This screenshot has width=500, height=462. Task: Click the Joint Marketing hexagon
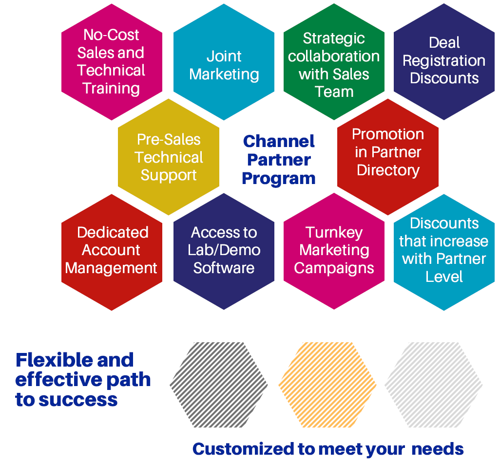click(x=224, y=62)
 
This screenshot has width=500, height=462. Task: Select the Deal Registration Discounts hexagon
click(x=444, y=62)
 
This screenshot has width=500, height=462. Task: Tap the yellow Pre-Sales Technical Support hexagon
click(x=169, y=157)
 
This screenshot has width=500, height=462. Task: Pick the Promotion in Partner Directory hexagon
click(x=388, y=157)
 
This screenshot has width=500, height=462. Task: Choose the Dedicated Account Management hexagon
click(x=112, y=252)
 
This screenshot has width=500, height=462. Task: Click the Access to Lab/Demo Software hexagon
click(x=224, y=251)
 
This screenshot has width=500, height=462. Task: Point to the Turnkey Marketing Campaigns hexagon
click(x=334, y=251)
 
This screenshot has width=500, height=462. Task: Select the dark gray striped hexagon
click(x=219, y=385)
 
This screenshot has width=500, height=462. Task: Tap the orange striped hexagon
click(x=327, y=385)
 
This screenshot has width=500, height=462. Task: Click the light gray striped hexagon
click(x=434, y=385)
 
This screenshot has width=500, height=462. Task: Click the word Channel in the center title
click(x=279, y=141)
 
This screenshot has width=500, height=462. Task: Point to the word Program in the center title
click(x=279, y=179)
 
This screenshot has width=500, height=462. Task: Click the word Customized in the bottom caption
click(x=244, y=449)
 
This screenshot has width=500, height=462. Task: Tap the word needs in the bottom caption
click(x=438, y=449)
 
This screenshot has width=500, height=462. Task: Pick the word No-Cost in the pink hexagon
click(x=111, y=35)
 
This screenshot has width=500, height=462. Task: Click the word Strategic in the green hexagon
click(x=334, y=39)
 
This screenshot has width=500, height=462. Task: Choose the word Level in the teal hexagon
click(x=444, y=277)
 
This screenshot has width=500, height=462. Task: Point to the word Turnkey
click(x=334, y=233)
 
